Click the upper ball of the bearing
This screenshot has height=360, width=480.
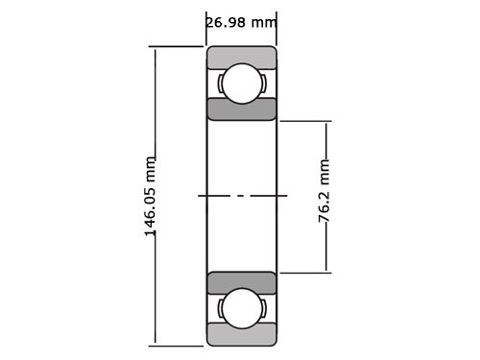coord(241,84)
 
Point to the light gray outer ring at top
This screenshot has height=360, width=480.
coord(241,56)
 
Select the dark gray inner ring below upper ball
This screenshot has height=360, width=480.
coord(241,109)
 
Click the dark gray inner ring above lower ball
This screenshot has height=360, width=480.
coord(241,282)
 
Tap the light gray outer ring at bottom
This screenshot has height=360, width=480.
coord(241,335)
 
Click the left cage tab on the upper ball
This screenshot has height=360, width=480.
coord(220,84)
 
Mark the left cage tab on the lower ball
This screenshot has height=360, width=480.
coord(220,307)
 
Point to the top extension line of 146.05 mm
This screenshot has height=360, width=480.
coord(178,47)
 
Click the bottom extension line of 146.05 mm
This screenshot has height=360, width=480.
coord(178,345)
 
